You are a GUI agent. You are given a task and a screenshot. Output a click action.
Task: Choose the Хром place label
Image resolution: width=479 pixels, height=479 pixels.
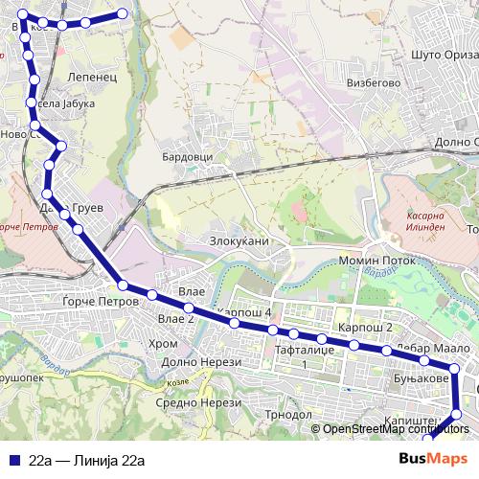tap(164, 343)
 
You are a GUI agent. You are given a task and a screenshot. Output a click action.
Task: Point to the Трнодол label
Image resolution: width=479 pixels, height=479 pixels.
tap(288, 415)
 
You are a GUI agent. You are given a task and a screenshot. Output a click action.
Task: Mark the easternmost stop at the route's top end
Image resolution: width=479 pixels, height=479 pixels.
tap(123, 13)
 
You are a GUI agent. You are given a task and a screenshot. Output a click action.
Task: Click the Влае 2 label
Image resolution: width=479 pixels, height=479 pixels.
tap(176, 319)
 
